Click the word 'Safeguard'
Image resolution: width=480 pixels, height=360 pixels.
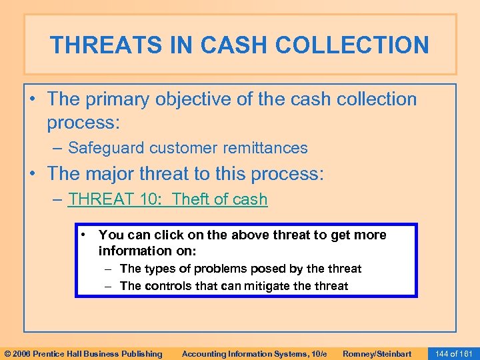pyautogui.click(x=107, y=148)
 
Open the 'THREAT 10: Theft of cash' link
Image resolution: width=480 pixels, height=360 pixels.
pyautogui.click(x=167, y=199)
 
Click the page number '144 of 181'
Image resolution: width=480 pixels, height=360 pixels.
pyautogui.click(x=453, y=353)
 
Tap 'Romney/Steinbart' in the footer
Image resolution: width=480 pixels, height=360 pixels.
pyautogui.click(x=376, y=353)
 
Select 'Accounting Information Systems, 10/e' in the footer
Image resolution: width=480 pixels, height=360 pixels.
pyautogui.click(x=254, y=353)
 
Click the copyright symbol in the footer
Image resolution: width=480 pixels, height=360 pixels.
pyautogui.click(x=7, y=353)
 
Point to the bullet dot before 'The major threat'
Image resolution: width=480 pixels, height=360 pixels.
pyautogui.click(x=35, y=175)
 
